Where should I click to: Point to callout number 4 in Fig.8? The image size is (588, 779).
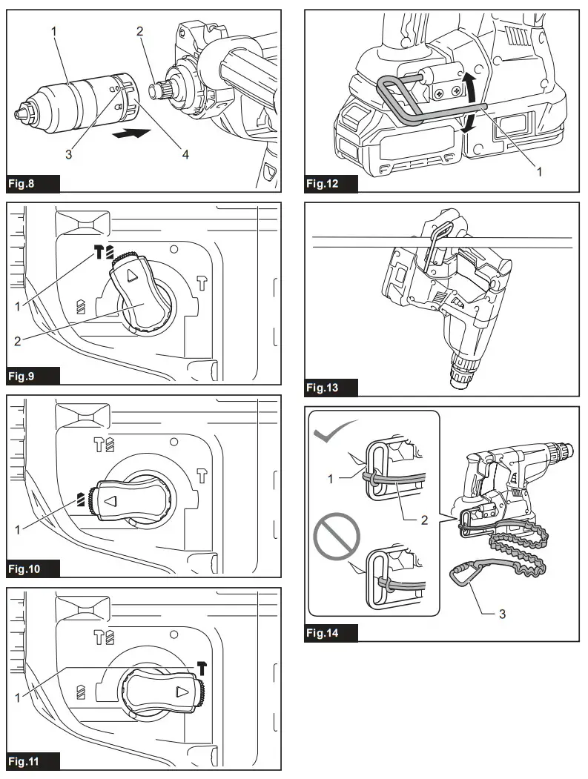tap(185, 155)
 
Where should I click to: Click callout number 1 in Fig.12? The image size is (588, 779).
tap(539, 170)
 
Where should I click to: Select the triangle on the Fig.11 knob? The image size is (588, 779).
tap(180, 693)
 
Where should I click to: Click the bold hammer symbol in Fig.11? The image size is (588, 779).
tap(202, 669)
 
